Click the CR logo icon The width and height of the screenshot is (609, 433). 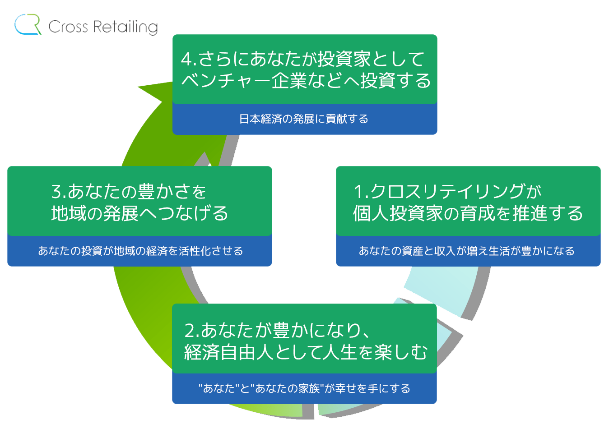click(x=27, y=25)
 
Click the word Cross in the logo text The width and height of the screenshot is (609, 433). click(x=68, y=27)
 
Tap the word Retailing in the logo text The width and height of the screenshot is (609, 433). click(x=126, y=27)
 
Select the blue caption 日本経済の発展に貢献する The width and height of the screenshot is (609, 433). click(x=304, y=119)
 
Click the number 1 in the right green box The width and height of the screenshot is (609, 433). click(x=359, y=192)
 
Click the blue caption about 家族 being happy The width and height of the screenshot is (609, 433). click(x=304, y=388)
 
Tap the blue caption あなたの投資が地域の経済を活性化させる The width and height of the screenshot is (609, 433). click(x=140, y=251)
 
